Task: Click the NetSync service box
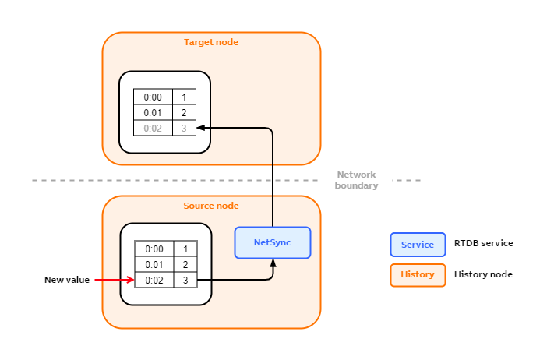(273, 242)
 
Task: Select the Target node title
(210, 42)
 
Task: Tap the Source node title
(210, 206)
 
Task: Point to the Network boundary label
(356, 180)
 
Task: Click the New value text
(67, 280)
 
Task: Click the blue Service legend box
(418, 245)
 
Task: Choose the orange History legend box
(418, 275)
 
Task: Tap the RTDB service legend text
(483, 243)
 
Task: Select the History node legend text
(483, 274)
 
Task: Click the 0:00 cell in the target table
(153, 97)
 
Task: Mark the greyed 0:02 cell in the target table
(153, 128)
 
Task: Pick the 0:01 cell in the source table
(154, 265)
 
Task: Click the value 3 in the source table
(185, 280)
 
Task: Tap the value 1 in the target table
(184, 97)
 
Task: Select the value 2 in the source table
(185, 265)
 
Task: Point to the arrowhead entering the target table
(200, 128)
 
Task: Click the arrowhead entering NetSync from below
(273, 263)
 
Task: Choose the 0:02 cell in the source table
(154, 280)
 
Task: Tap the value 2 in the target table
(184, 112)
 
